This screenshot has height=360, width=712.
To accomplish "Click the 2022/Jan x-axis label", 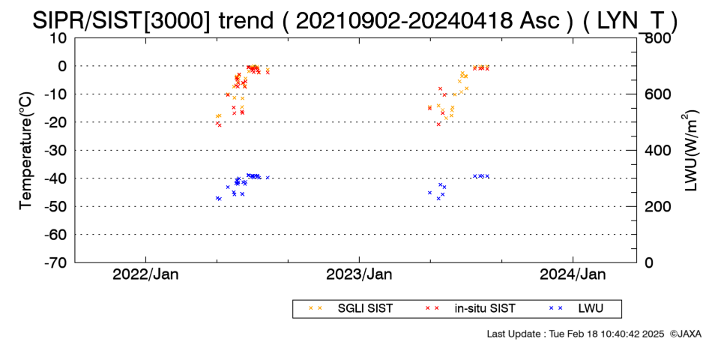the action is click(x=145, y=274).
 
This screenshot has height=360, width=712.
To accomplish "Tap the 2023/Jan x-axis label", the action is click(x=359, y=274).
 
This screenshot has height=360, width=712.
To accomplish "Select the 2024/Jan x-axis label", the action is click(x=573, y=274).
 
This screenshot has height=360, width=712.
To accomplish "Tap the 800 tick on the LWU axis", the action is click(x=655, y=38).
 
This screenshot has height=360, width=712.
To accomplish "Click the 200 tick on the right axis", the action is click(x=655, y=206).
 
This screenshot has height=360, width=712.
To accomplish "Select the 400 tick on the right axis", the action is click(x=655, y=151).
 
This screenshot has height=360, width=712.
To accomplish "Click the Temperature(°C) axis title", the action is click(x=26, y=151).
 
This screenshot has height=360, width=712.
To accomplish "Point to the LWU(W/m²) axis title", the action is click(x=690, y=151).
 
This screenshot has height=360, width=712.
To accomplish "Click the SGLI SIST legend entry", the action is click(x=351, y=309).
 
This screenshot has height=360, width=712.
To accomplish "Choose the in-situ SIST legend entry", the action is click(x=470, y=309).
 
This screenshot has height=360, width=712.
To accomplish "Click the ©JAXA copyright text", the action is click(x=685, y=334).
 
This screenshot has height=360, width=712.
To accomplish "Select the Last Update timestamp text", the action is click(x=576, y=334).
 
